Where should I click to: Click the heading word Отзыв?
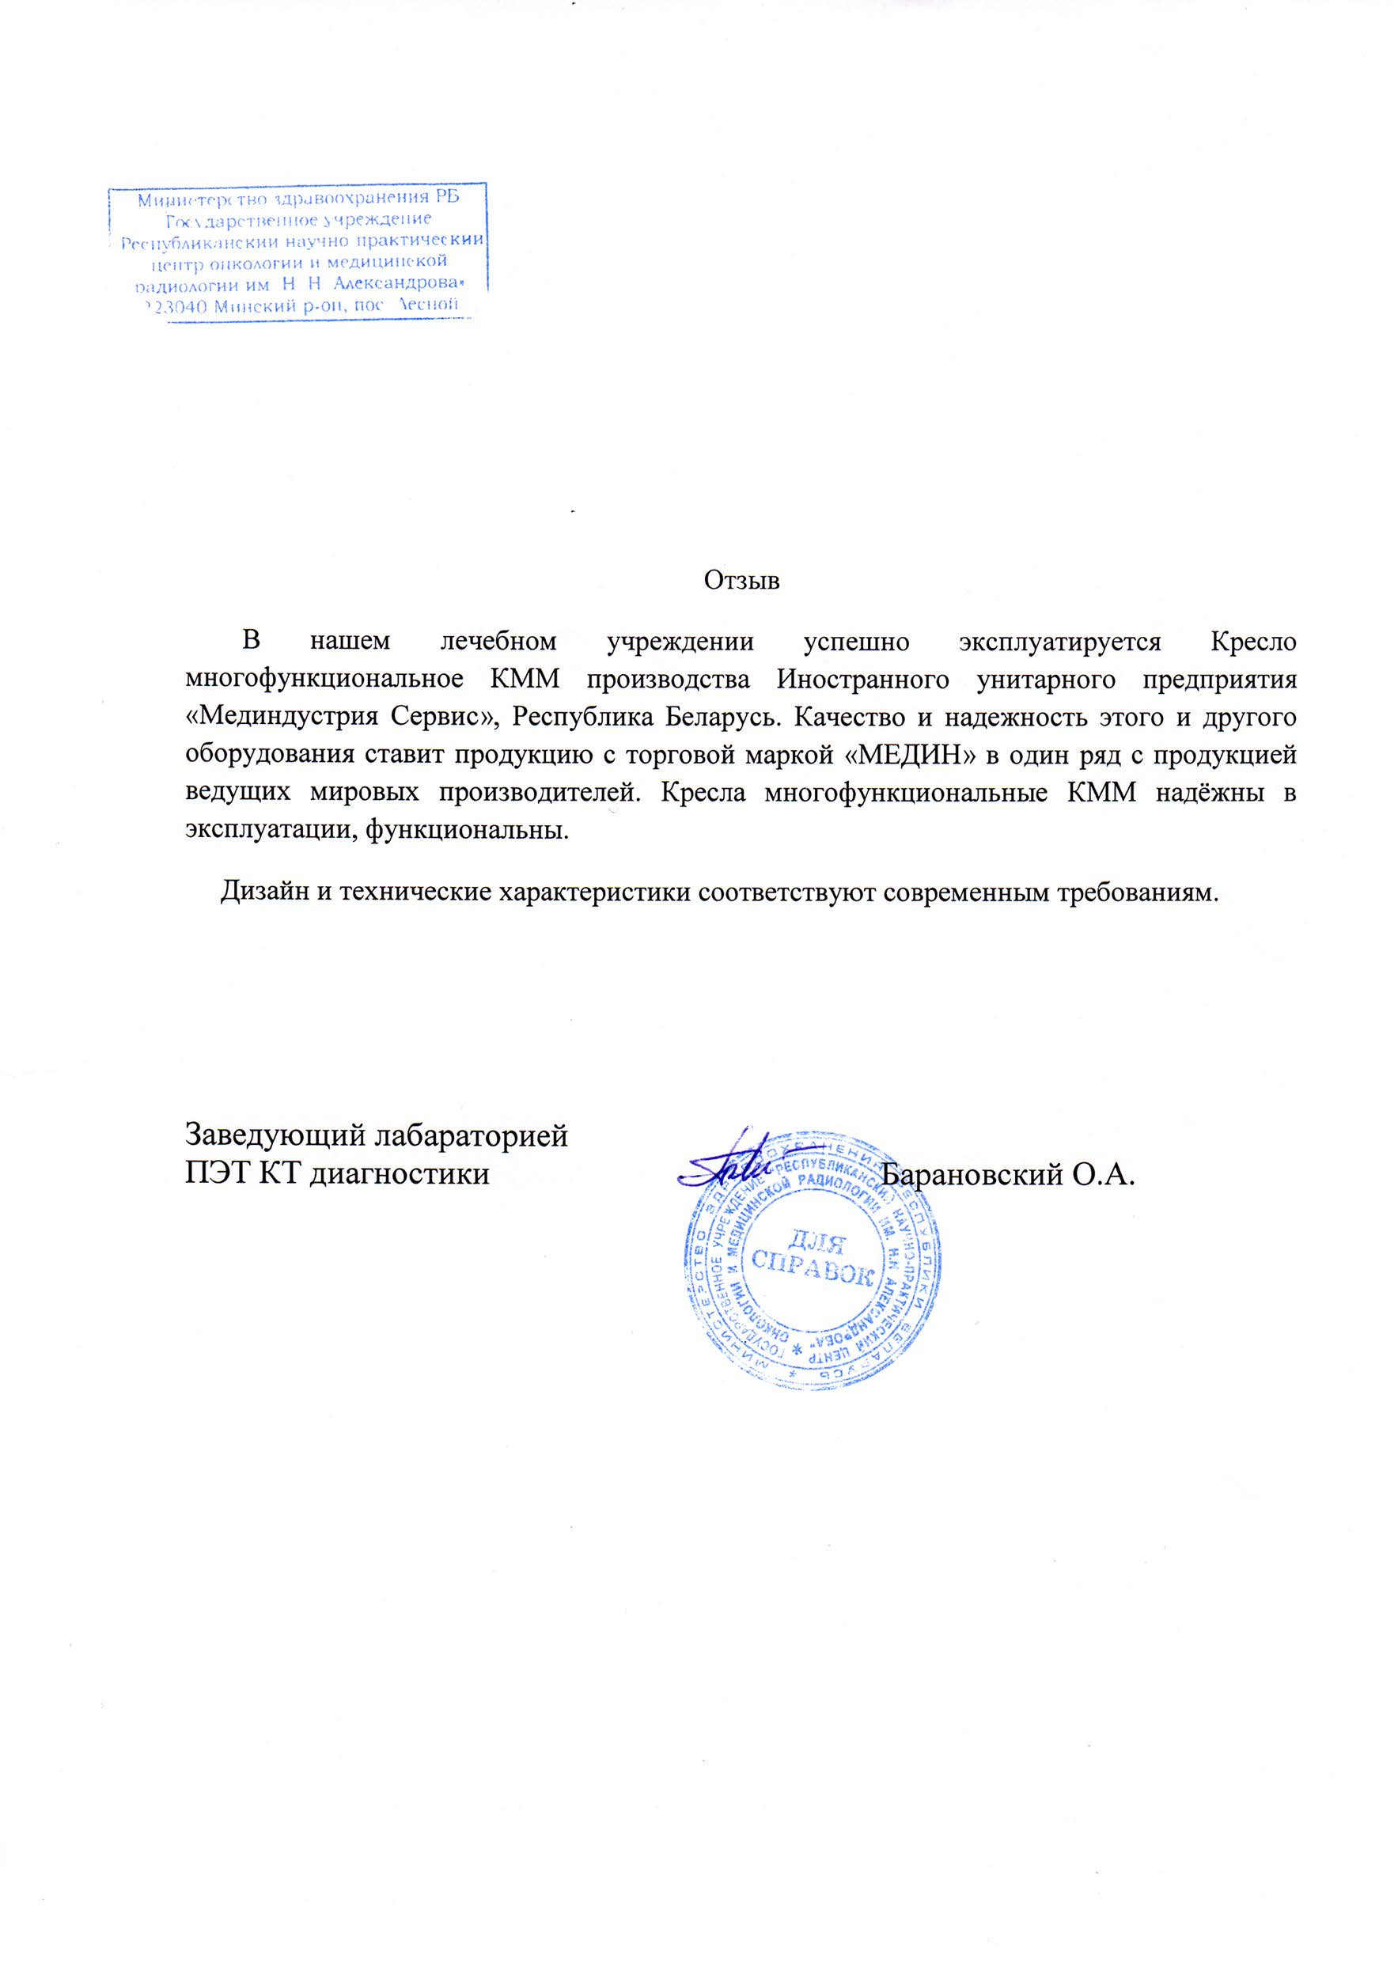pyautogui.click(x=741, y=581)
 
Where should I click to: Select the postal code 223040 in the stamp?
pyautogui.click(x=173, y=305)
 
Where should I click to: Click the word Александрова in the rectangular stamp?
pyautogui.click(x=396, y=282)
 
